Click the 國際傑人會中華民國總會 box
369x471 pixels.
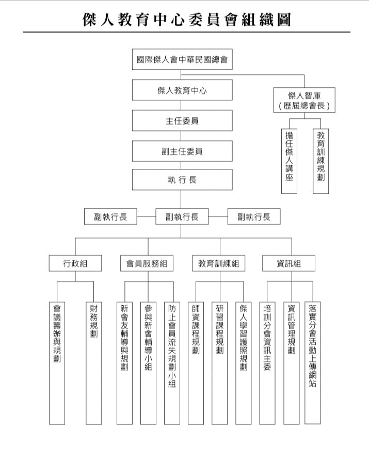pyautogui.click(x=182, y=59)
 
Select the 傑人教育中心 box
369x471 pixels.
pyautogui.click(x=182, y=90)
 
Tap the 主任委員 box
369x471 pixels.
pyautogui.click(x=182, y=120)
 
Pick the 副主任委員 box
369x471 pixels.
pyautogui.click(x=182, y=151)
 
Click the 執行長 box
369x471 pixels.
pyautogui.click(x=182, y=180)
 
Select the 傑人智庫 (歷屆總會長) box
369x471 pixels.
pyautogui.click(x=304, y=100)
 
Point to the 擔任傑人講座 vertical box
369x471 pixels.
pyautogui.click(x=289, y=161)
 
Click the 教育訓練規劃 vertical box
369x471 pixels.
pyautogui.click(x=320, y=161)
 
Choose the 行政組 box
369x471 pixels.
pyautogui.click(x=75, y=263)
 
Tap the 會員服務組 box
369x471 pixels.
pyautogui.click(x=147, y=263)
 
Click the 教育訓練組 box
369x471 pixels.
pyautogui.click(x=219, y=263)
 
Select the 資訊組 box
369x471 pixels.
pyautogui.click(x=289, y=263)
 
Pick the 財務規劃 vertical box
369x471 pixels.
pyautogui.click(x=94, y=363)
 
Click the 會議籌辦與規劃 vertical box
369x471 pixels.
pyautogui.click(x=57, y=363)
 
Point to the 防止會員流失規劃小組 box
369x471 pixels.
pyautogui.click(x=172, y=363)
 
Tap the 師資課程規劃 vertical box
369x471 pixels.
pyautogui.click(x=196, y=363)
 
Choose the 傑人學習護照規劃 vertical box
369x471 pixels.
pyautogui.click(x=244, y=363)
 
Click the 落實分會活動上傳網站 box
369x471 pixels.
pyautogui.click(x=313, y=363)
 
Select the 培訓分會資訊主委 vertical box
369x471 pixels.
pyautogui.click(x=267, y=363)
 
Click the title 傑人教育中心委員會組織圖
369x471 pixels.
pyautogui.click(x=187, y=20)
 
